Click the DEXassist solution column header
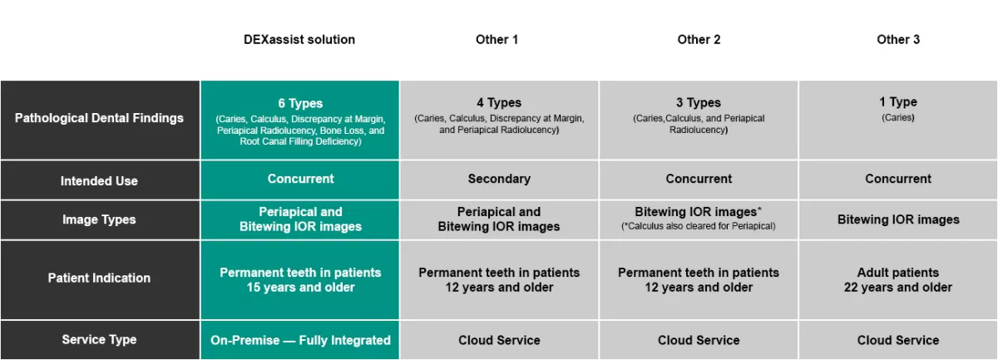[x=299, y=40]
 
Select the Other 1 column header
[x=497, y=40]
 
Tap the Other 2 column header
[x=699, y=40]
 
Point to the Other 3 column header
[x=898, y=40]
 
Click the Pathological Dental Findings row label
[x=99, y=118]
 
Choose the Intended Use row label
[x=99, y=181]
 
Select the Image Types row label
[x=99, y=219]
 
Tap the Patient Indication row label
[x=99, y=278]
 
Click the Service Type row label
[x=99, y=339]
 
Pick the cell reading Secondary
[x=499, y=179]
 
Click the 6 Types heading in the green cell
[x=300, y=103]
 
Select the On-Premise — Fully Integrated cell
[x=300, y=340]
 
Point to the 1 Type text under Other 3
[x=898, y=102]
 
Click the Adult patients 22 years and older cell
[x=898, y=280]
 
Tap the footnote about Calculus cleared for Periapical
[x=699, y=226]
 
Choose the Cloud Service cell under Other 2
[x=699, y=340]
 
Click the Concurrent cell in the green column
[x=300, y=179]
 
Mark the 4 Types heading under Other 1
[x=499, y=103]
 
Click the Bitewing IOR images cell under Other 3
[x=898, y=219]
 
